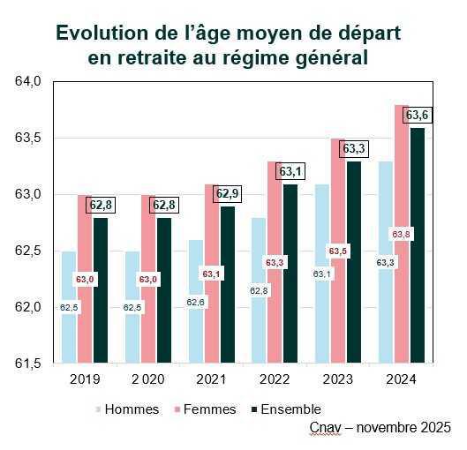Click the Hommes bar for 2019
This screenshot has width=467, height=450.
(x=69, y=335)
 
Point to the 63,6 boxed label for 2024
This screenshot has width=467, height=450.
(x=417, y=116)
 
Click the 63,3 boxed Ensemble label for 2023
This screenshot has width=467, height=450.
(x=354, y=148)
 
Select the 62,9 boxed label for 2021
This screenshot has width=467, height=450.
(x=228, y=193)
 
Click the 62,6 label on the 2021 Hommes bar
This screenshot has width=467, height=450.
(x=196, y=302)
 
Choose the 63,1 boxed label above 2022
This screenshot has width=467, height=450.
(x=290, y=171)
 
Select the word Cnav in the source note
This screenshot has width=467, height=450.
(x=325, y=427)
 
